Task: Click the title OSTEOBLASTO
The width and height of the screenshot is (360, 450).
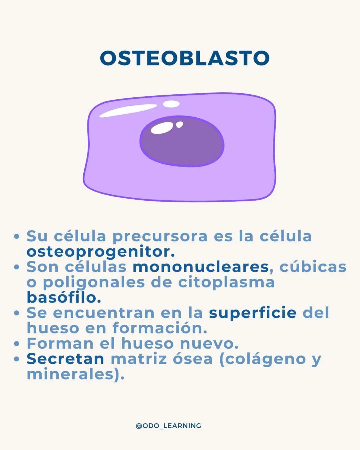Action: click(x=184, y=58)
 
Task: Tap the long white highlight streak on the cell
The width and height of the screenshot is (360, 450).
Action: click(x=128, y=111)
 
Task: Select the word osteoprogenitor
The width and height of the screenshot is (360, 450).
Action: click(x=100, y=252)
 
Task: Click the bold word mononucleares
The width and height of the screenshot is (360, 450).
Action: click(x=200, y=267)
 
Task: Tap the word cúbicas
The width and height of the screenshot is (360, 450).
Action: click(x=313, y=267)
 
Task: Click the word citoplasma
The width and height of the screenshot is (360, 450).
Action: click(x=226, y=282)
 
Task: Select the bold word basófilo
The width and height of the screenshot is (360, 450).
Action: click(x=63, y=297)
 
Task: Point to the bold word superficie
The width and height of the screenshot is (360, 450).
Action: click(x=252, y=313)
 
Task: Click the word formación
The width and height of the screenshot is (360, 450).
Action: click(x=160, y=328)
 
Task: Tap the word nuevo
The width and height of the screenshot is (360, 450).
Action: click(x=209, y=344)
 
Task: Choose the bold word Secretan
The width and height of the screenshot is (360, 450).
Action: click(x=65, y=359)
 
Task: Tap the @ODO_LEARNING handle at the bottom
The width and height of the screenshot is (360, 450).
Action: click(x=168, y=426)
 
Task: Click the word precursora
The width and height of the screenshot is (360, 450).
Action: click(x=160, y=237)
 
